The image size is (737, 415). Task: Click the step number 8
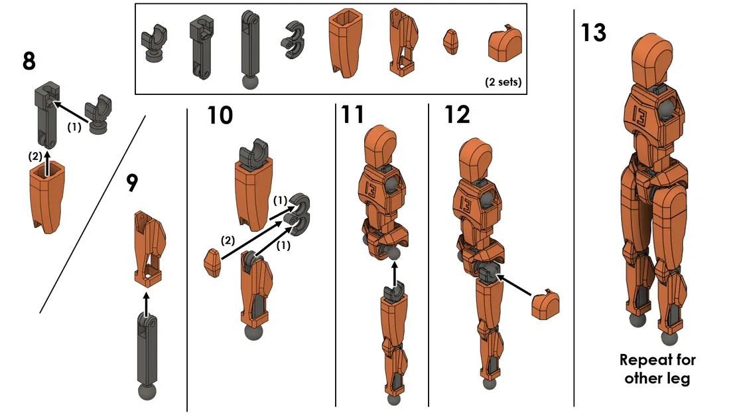29,61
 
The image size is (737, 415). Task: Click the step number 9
132,183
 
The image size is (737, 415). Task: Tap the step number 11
353,115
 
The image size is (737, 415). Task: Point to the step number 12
457,115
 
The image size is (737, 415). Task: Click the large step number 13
593,32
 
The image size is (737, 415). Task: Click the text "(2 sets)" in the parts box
503,84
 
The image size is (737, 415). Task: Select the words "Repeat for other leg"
657,369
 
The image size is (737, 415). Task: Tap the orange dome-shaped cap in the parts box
504,45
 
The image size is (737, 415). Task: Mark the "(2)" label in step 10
226,240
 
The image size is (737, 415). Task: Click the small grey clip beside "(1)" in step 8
98,115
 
